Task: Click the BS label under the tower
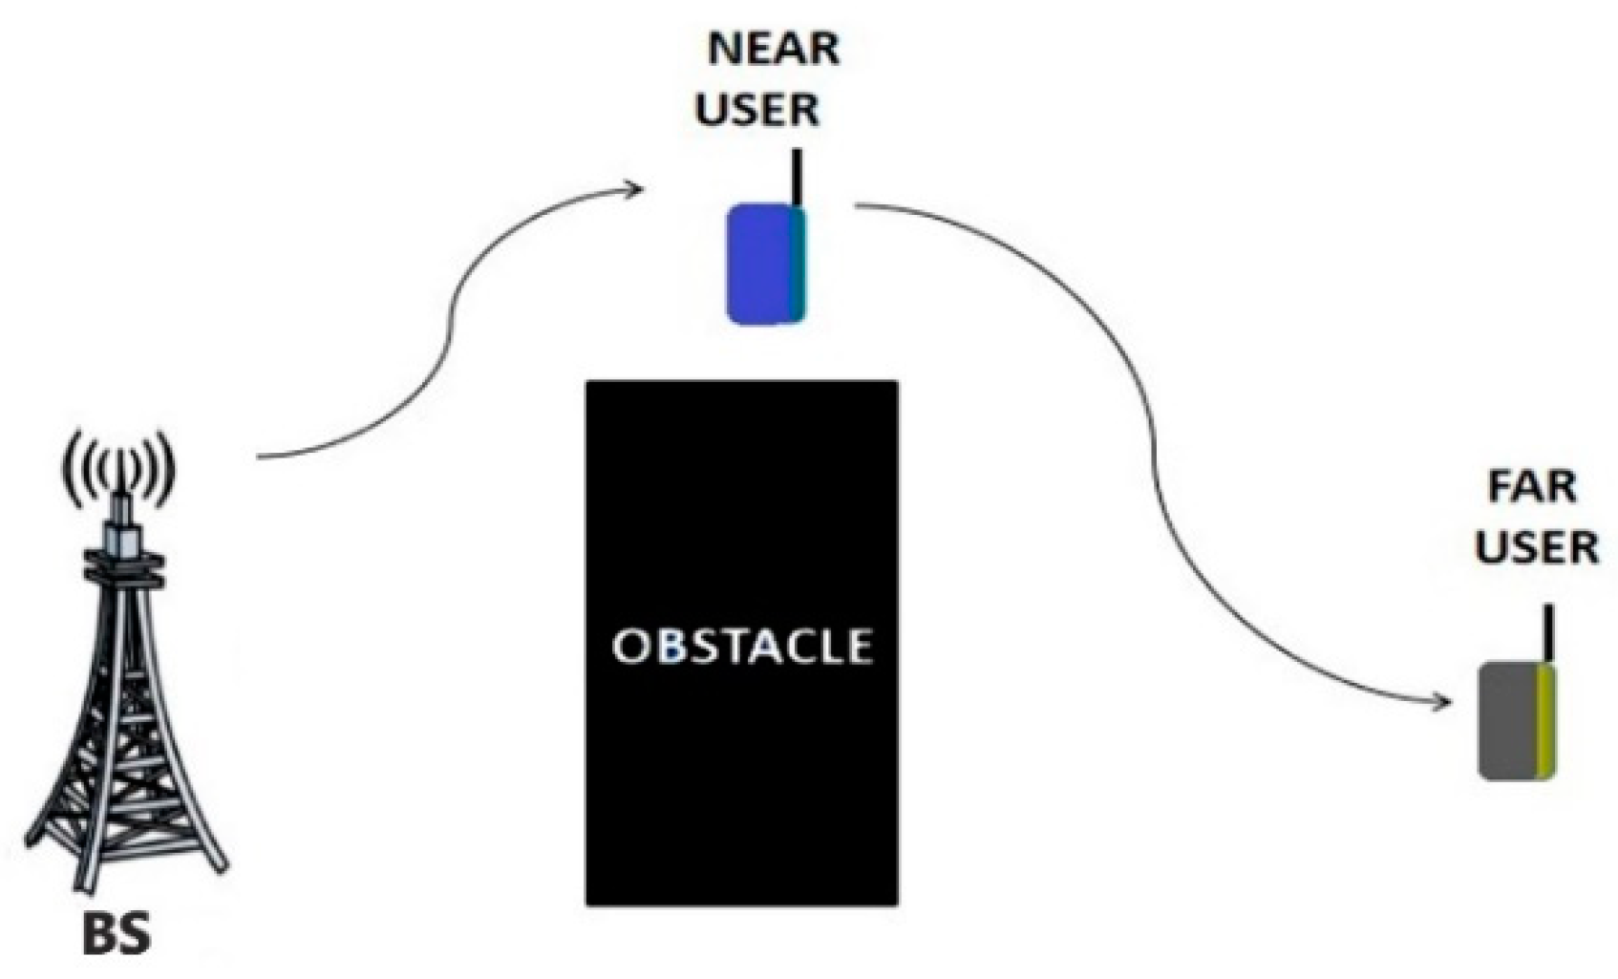point(117,936)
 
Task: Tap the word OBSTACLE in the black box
point(742,647)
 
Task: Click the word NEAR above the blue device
point(774,49)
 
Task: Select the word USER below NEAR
point(757,110)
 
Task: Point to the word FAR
point(1532,488)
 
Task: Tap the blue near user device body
point(758,265)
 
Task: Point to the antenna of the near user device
point(797,177)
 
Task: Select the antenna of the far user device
point(1548,633)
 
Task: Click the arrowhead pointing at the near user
point(634,189)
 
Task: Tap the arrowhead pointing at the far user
point(1442,705)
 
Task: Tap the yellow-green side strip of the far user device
point(1546,722)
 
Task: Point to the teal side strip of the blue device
point(797,265)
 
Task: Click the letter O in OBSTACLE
point(630,647)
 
